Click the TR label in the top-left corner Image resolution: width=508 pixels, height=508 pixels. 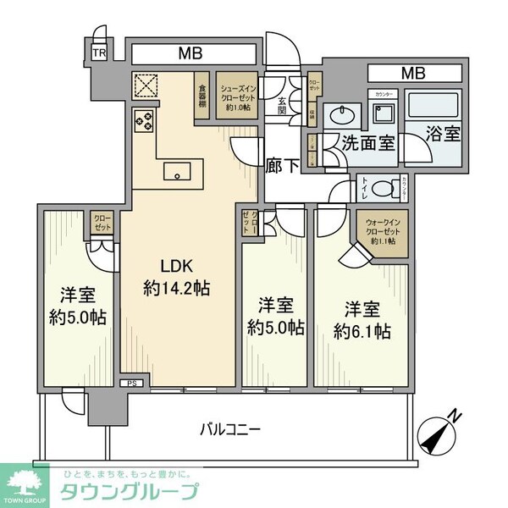99,52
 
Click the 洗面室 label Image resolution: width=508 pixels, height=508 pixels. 368,142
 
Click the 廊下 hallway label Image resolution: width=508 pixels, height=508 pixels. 282,166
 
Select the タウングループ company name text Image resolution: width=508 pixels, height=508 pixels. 127,491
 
